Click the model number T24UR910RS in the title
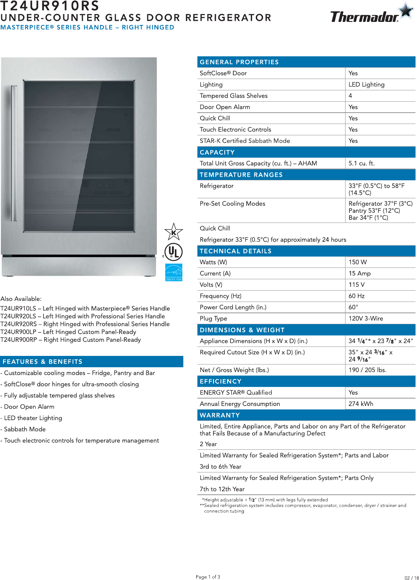(50, 6)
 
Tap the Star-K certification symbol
(173, 232)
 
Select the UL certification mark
(173, 252)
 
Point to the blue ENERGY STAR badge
(174, 272)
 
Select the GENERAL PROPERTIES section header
(239, 62)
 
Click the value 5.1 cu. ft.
(361, 163)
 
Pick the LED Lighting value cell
(366, 84)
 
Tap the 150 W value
(357, 262)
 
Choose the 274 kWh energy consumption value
(360, 404)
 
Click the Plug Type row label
(213, 318)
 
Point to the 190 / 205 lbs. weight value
(367, 370)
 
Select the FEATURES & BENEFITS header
(42, 362)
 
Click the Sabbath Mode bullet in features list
(25, 429)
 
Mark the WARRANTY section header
(220, 415)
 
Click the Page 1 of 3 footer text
(208, 576)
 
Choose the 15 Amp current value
(359, 273)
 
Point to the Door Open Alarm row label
(225, 107)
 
